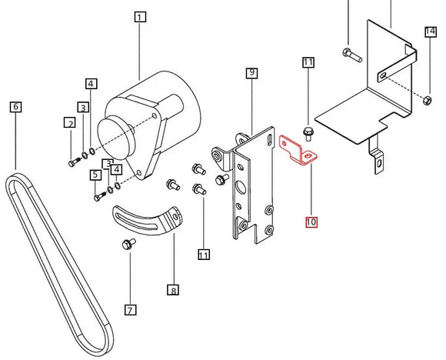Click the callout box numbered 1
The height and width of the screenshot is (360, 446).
pyautogui.click(x=139, y=16)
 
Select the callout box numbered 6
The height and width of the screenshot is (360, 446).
pyautogui.click(x=16, y=107)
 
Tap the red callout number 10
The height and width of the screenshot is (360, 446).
pyautogui.click(x=311, y=222)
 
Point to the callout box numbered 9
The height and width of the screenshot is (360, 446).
pyautogui.click(x=251, y=73)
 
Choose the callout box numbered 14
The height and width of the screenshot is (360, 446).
pyautogui.click(x=430, y=32)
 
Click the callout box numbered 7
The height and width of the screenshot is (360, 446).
pyautogui.click(x=130, y=310)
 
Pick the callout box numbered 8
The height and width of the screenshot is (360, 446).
pyautogui.click(x=174, y=290)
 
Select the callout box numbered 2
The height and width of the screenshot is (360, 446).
pyautogui.click(x=70, y=123)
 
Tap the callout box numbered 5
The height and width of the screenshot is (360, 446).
pyautogui.click(x=96, y=175)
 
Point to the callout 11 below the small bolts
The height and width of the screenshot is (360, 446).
pyautogui.click(x=203, y=255)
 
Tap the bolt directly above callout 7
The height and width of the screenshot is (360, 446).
pyautogui.click(x=128, y=245)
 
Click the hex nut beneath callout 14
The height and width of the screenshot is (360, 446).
pyautogui.click(x=426, y=99)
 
